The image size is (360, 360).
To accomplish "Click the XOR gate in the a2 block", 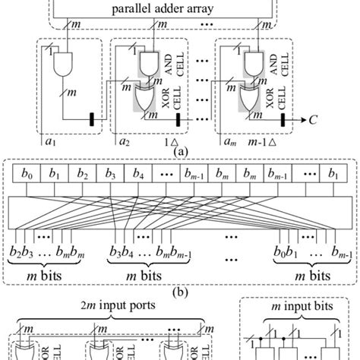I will tap(144, 99).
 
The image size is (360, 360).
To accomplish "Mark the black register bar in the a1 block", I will tap(92, 118).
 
